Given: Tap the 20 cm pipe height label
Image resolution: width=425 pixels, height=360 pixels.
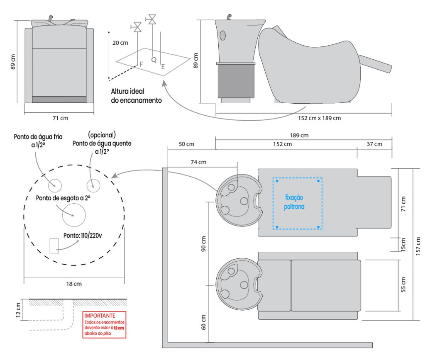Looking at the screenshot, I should pyautogui.click(x=120, y=43).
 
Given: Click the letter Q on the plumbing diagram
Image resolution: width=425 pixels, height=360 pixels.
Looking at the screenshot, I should pyautogui.click(x=154, y=60).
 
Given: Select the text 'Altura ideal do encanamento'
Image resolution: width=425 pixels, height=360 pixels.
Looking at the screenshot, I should pyautogui.click(x=136, y=96).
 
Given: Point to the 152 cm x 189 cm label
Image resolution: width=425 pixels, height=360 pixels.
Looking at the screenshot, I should pyautogui.click(x=319, y=118).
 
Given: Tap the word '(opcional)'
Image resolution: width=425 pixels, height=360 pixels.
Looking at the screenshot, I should pyautogui.click(x=102, y=135).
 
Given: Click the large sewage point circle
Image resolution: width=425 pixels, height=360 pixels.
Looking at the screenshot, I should pyautogui.click(x=73, y=215).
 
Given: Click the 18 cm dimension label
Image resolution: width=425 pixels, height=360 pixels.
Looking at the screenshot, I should pyautogui.click(x=74, y=284).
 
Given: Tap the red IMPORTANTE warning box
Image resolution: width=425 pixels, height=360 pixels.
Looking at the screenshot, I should pyautogui.click(x=105, y=325).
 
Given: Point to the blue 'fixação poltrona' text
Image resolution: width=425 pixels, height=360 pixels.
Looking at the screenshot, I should pyautogui.click(x=294, y=202).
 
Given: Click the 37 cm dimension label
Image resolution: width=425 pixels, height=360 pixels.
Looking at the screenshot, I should pyautogui.click(x=375, y=144).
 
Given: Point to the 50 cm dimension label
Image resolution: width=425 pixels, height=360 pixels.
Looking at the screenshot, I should pyautogui.click(x=186, y=144).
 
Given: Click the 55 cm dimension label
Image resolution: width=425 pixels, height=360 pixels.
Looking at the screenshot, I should pyautogui.click(x=403, y=285).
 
